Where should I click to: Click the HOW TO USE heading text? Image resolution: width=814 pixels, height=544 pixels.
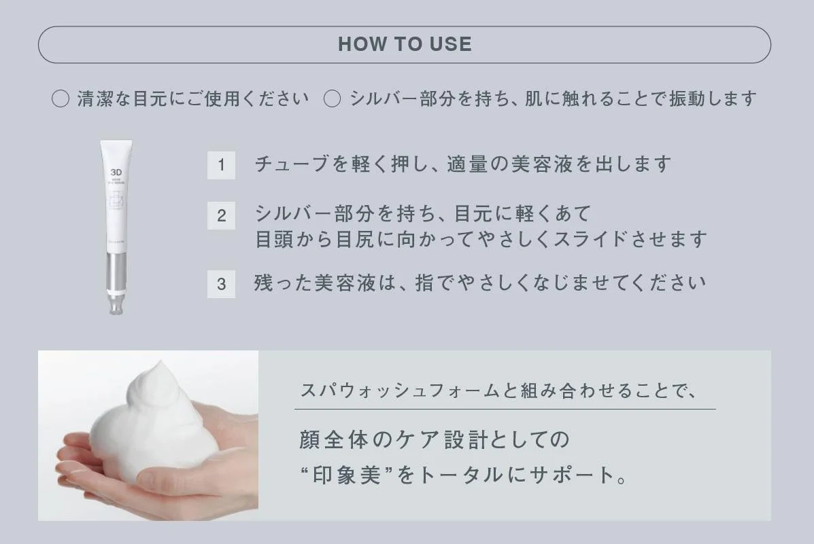click(x=405, y=45)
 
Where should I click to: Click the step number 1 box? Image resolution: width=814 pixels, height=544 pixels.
click(x=221, y=165)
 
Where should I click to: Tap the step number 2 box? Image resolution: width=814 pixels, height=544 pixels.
click(x=221, y=216)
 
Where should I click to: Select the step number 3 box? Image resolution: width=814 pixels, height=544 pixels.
click(x=221, y=284)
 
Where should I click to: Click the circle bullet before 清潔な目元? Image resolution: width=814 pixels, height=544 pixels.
click(x=61, y=99)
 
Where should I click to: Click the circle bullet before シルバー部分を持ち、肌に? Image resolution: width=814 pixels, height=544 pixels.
click(x=332, y=99)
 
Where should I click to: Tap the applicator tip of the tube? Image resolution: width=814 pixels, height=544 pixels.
click(x=114, y=306)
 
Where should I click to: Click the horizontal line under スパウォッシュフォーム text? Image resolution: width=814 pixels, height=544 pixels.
click(x=505, y=409)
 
